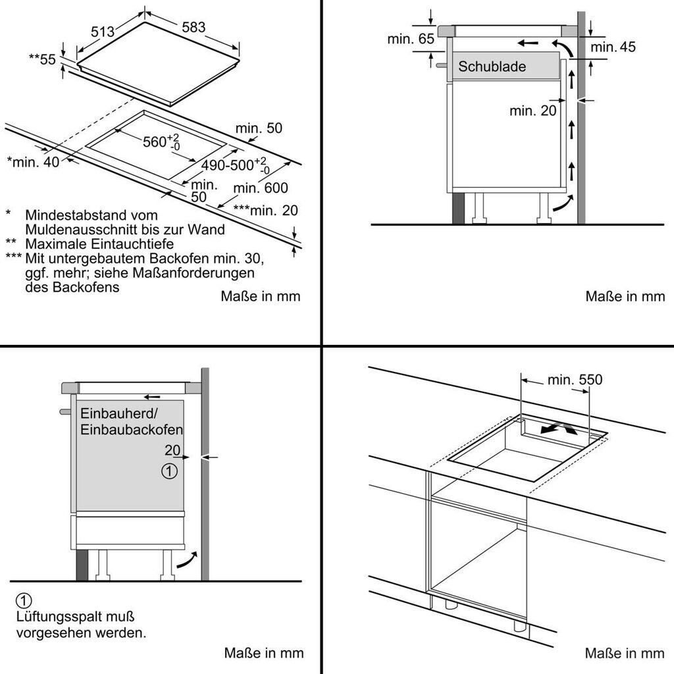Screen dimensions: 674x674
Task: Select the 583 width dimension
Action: pos(193,28)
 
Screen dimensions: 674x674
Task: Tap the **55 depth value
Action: pos(42,59)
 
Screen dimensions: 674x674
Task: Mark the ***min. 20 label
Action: pos(265,211)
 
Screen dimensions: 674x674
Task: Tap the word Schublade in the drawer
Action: pos(492,66)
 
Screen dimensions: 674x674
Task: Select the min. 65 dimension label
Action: pos(411,39)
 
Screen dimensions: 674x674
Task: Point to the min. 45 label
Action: pos(613,47)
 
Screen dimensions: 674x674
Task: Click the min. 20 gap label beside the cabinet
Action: pos(532,111)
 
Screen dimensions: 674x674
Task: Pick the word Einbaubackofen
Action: pos(132,429)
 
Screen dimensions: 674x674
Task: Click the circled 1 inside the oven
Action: pos(169,471)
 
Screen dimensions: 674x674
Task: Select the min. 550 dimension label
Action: pos(575,380)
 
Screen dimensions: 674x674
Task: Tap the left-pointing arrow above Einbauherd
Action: pos(152,397)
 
